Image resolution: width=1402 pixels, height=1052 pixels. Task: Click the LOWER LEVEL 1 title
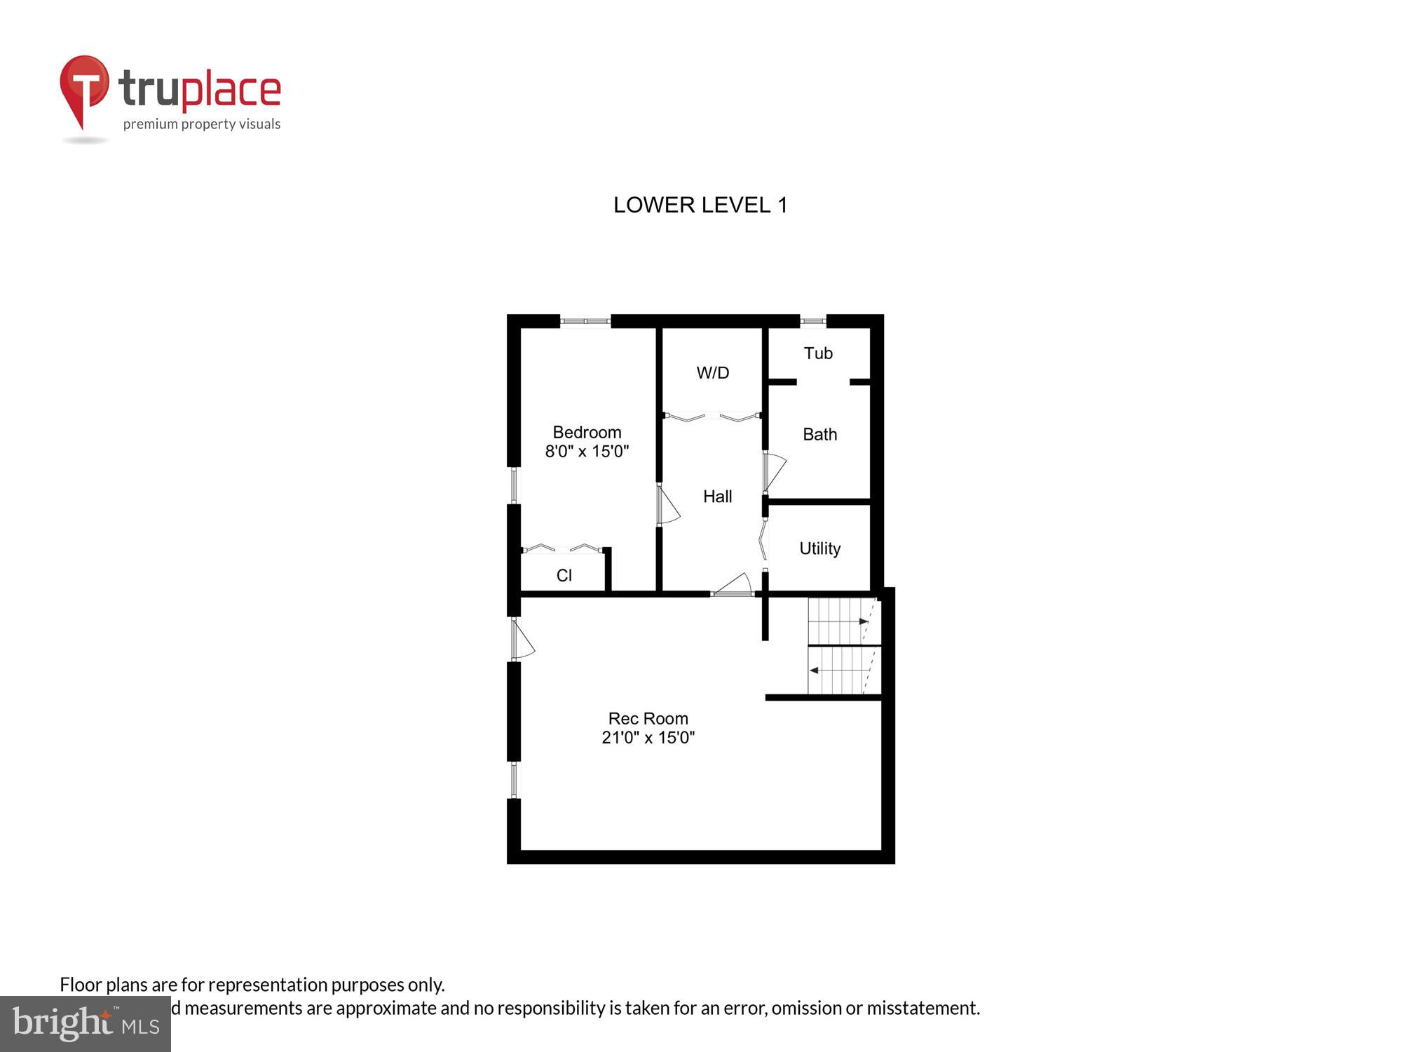tap(700, 205)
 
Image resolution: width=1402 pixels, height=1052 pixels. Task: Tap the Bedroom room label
tap(587, 432)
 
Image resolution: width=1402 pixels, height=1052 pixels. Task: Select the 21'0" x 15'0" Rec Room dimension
tap(648, 737)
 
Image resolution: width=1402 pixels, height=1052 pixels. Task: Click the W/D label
tap(713, 373)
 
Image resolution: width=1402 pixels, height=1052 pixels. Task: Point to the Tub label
tap(818, 353)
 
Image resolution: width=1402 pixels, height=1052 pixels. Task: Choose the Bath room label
tap(819, 435)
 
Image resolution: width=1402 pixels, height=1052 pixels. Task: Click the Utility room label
tap(819, 548)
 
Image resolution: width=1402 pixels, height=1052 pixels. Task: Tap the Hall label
tap(717, 497)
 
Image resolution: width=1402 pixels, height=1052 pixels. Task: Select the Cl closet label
tap(564, 576)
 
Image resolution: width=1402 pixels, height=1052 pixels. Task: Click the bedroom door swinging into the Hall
tap(667, 505)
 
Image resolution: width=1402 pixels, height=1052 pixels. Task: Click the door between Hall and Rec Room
tap(733, 586)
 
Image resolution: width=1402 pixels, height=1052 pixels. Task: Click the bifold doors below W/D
tap(712, 417)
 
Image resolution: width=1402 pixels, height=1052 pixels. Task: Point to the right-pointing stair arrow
tap(864, 621)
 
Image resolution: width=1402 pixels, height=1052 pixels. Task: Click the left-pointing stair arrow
tap(815, 670)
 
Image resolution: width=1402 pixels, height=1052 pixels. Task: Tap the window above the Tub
tap(813, 321)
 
